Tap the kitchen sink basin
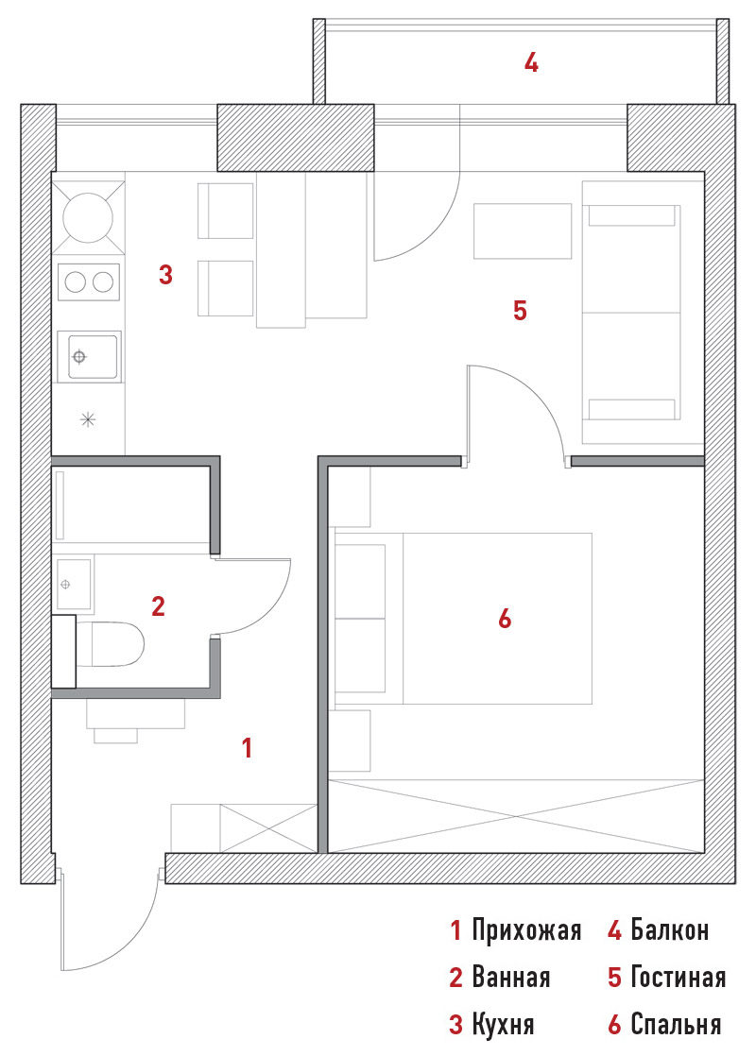pos(89,356)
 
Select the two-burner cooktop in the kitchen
pos(89,281)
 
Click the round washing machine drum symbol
pos(88,217)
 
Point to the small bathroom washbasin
pos(74,584)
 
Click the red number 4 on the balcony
pos(532,63)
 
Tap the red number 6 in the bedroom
pos(505,619)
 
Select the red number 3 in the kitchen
pos(165,275)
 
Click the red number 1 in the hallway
pos(248,747)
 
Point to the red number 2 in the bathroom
pos(159,606)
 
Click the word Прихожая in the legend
pos(526,930)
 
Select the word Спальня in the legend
pos(676,1025)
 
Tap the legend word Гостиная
pos(678,978)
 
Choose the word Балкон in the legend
pos(670,930)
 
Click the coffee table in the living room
pos(523,231)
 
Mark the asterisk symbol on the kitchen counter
pos(88,419)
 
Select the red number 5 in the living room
pos(520,311)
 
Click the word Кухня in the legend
pos(504,1025)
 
